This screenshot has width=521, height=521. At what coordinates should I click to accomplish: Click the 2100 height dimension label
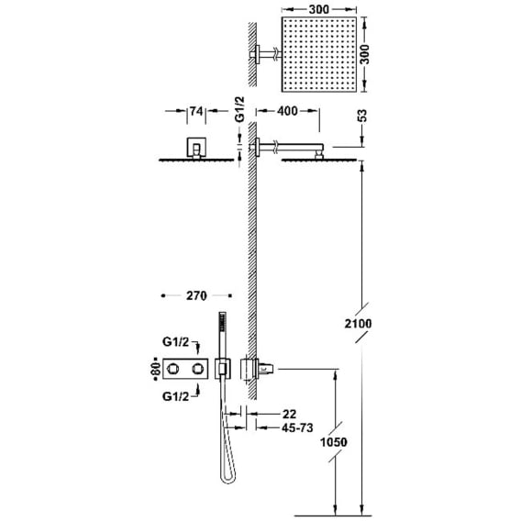(x=358, y=323)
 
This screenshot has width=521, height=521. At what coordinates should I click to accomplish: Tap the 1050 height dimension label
(x=333, y=442)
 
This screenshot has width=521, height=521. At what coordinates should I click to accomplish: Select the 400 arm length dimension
(x=287, y=111)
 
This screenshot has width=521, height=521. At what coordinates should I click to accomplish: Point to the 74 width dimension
(x=196, y=111)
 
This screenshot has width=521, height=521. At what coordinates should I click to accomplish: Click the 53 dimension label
(x=363, y=116)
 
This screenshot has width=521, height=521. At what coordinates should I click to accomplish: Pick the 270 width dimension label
(x=196, y=295)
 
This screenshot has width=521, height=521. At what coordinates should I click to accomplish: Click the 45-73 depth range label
(x=297, y=428)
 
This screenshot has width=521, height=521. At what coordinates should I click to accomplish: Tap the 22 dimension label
(x=289, y=414)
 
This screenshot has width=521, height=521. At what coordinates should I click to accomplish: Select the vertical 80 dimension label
(x=156, y=369)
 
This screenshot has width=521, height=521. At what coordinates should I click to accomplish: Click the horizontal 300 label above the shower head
(x=319, y=10)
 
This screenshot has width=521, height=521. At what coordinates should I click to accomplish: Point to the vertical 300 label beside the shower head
(x=364, y=54)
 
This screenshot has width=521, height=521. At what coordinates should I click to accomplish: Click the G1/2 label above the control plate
(x=175, y=342)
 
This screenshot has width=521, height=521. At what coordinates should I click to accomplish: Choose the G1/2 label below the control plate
(x=175, y=396)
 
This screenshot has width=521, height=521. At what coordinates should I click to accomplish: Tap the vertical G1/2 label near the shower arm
(x=240, y=109)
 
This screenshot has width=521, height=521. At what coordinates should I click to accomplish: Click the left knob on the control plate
(x=172, y=369)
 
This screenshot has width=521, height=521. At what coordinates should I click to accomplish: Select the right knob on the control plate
(x=198, y=369)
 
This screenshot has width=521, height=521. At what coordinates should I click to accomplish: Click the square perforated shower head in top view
(x=319, y=54)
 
